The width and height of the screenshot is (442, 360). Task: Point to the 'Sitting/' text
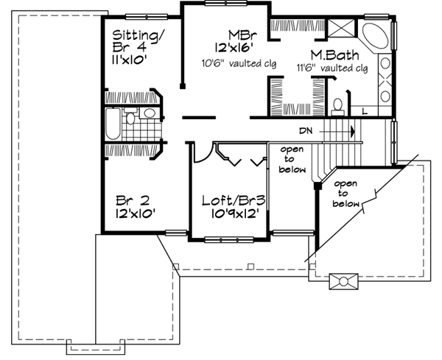pos(136,35)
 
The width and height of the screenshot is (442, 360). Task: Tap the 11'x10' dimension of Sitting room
pos(133,62)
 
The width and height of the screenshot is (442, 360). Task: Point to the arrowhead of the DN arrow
pos(354,132)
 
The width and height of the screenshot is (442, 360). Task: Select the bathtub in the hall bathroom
pos(112,125)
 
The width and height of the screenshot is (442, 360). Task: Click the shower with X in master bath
pos(342,31)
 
